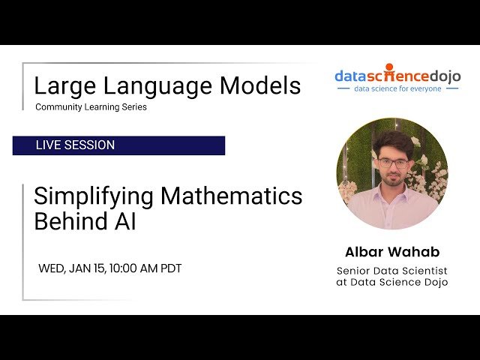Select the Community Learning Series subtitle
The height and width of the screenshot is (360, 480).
(x=91, y=107)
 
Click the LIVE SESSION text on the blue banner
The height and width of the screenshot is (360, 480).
(x=75, y=145)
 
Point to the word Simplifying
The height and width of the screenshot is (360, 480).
(x=94, y=196)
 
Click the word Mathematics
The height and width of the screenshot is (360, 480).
(x=232, y=196)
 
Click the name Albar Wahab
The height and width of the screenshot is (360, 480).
(x=391, y=251)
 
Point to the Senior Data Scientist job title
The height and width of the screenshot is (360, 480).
(x=391, y=270)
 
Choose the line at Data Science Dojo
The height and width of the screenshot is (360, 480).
(x=391, y=282)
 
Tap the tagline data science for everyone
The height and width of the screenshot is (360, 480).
(x=397, y=88)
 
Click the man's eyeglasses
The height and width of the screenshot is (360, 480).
(x=393, y=163)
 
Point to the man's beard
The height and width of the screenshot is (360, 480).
(x=393, y=181)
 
